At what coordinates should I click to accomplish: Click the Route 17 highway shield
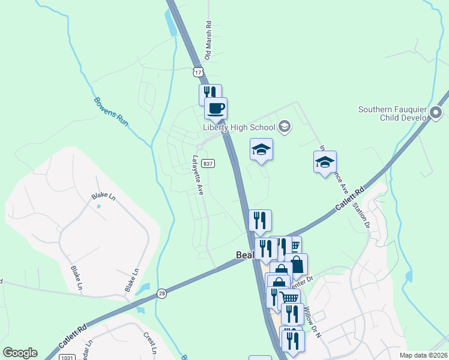(198, 72)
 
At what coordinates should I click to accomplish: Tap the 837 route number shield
(208, 163)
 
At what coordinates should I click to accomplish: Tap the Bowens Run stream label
(111, 111)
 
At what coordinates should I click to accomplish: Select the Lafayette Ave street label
(197, 175)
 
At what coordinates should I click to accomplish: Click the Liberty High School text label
(238, 127)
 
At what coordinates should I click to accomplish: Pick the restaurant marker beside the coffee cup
(210, 94)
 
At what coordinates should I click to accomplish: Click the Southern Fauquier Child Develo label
(393, 113)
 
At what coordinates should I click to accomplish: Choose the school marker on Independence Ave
(325, 162)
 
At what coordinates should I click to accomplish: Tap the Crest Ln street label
(149, 344)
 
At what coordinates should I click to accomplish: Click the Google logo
(20, 353)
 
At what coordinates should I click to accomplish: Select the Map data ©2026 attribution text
(423, 355)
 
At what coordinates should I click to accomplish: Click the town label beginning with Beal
(243, 256)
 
